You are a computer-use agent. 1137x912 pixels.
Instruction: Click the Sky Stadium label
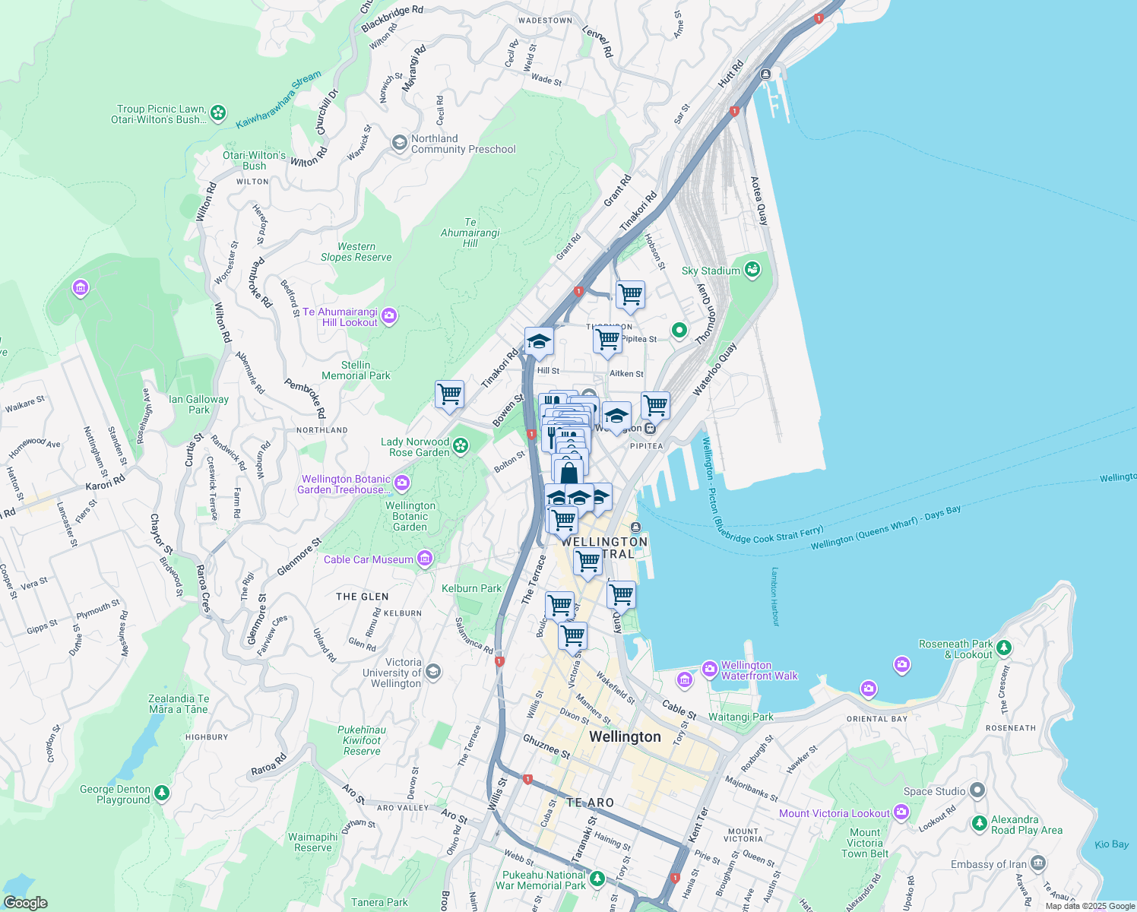711,271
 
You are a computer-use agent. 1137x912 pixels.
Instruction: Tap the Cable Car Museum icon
425,559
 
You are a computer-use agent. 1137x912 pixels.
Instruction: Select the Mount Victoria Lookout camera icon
901,813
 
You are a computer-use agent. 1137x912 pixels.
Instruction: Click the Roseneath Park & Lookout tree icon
1004,648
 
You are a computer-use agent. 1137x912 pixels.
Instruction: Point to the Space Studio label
934,791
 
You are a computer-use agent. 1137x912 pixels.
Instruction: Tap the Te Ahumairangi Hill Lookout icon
389,316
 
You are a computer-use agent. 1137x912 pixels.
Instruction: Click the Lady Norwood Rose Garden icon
461,446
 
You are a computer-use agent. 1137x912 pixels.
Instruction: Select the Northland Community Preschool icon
399,143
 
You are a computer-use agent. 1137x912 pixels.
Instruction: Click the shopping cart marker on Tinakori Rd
449,394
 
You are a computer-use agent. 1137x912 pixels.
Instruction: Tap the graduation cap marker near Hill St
539,341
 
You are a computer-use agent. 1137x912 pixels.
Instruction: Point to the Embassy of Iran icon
1038,863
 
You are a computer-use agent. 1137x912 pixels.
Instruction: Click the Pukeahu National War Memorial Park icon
597,879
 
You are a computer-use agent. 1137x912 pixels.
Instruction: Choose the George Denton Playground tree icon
161,793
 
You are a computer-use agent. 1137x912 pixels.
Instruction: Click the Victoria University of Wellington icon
432,671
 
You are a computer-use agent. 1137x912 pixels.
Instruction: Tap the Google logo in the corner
25,902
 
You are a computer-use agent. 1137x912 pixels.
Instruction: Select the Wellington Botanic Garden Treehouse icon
402,483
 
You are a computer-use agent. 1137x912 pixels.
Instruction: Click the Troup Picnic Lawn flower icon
218,113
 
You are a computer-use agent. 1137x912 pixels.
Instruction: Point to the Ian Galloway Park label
198,404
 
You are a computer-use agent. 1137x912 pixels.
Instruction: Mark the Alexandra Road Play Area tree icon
980,824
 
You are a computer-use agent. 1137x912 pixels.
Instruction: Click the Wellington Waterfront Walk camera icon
709,670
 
